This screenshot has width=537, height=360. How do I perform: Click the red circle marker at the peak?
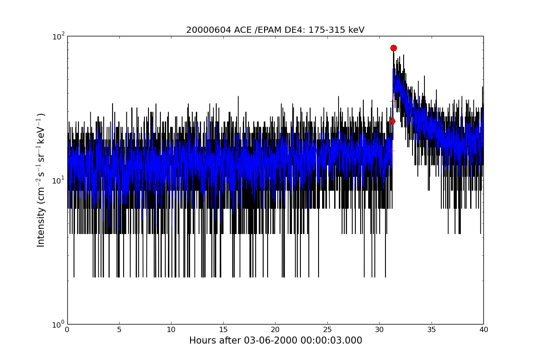coord(393,48)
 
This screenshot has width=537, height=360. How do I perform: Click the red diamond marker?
coord(393,121)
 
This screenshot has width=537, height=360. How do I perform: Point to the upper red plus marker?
coord(393,102)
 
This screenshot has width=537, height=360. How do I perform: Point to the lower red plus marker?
coord(392,151)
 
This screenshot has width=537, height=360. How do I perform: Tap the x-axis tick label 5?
coord(119,330)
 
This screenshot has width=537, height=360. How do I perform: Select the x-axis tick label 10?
coord(171,330)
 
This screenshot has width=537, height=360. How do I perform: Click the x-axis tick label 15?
coord(223,330)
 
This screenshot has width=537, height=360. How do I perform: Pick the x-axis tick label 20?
coord(275,330)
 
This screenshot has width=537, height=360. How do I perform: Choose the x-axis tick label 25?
coord(327,330)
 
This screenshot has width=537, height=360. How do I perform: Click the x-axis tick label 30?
coord(379,330)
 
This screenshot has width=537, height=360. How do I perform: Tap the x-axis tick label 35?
coord(431,330)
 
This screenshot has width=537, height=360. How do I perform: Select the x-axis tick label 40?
coord(483,330)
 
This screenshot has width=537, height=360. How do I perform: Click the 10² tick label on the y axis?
coord(58,37)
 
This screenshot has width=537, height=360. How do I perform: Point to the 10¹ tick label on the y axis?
coord(58,180)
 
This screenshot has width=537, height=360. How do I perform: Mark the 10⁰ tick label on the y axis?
coord(58,325)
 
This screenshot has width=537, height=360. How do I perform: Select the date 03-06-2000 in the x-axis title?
coord(271,340)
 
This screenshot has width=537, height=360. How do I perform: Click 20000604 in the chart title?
coord(209,30)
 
